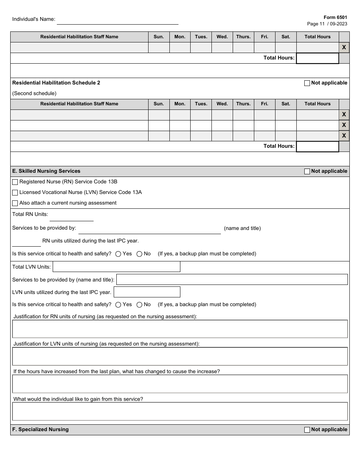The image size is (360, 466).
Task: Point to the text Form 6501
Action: click(x=335, y=17)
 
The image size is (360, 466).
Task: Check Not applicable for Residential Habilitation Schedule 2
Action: click(x=307, y=83)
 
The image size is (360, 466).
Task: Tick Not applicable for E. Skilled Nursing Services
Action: click(x=307, y=172)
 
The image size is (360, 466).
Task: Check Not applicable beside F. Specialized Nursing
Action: click(x=307, y=430)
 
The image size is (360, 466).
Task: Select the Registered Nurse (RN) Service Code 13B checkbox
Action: click(x=15, y=182)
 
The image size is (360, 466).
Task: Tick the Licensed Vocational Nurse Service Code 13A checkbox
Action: click(x=15, y=193)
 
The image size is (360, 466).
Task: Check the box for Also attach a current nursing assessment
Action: click(x=15, y=203)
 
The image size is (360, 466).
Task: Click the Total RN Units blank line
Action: click(x=71, y=217)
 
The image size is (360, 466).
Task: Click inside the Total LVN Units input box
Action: click(x=116, y=267)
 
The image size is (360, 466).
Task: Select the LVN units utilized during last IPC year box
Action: click(x=147, y=292)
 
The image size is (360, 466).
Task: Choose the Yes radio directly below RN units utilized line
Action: click(x=118, y=254)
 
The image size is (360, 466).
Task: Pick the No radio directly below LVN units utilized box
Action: click(x=139, y=305)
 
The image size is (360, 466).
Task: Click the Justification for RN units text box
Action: click(x=180, y=329)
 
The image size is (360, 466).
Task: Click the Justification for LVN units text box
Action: click(x=180, y=357)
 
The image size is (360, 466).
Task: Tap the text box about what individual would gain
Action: click(x=180, y=411)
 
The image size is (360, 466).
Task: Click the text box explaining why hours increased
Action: click(x=180, y=384)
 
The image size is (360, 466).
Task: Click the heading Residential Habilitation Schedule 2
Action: click(x=56, y=83)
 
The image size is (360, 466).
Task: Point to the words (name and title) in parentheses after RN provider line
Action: click(x=242, y=228)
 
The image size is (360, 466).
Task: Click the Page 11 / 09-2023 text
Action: click(x=327, y=24)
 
